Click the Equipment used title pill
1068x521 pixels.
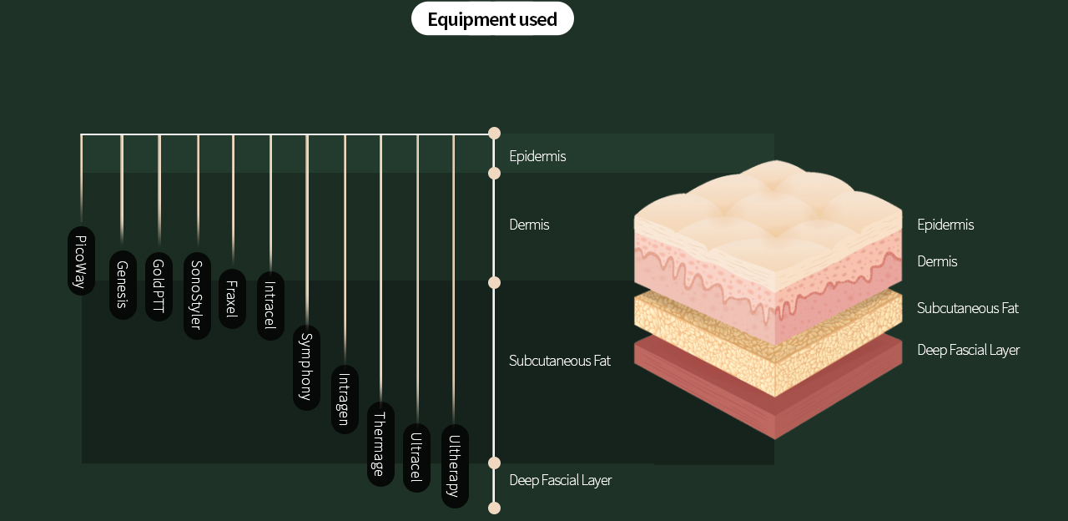[x=492, y=18]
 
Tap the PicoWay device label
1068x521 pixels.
[x=81, y=260]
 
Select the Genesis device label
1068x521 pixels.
[x=123, y=285]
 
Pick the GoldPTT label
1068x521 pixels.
[x=159, y=286]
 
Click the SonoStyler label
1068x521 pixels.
[x=197, y=296]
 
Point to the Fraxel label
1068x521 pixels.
[x=232, y=299]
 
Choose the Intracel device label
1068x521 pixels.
[x=270, y=306]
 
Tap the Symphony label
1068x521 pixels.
[x=306, y=367]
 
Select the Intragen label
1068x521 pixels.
[x=345, y=399]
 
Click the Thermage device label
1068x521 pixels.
[x=380, y=443]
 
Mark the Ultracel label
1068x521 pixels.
[x=416, y=458]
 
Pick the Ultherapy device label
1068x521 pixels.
[x=455, y=466]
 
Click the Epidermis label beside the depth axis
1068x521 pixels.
[x=537, y=156]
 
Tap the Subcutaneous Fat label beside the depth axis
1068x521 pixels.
[x=560, y=361]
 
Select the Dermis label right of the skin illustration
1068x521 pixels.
[x=937, y=261]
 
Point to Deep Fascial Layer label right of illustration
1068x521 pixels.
[x=968, y=350]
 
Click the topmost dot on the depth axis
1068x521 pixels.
[x=494, y=134]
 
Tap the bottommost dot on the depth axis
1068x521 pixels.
[x=494, y=508]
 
